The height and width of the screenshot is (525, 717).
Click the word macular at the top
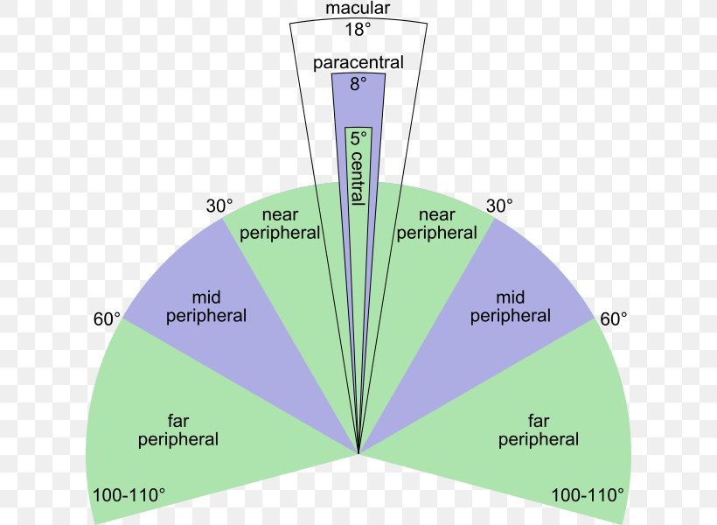pos(358,9)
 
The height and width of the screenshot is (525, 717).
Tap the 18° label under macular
pos(358,29)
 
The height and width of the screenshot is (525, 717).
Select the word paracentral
pos(358,63)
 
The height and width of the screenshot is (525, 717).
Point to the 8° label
pos(358,84)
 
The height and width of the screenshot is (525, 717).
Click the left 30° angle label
pos(219,206)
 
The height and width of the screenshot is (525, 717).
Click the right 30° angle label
pos(499,206)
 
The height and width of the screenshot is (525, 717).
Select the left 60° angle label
pos(107,319)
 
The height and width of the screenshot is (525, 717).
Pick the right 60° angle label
pos(614,319)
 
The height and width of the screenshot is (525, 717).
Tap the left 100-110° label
pos(129,495)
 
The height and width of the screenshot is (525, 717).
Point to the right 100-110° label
pos(588,495)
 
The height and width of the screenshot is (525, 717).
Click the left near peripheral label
pos(280,224)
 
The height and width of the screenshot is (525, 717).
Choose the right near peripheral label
pos(437,224)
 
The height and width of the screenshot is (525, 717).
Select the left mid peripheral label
pos(206,306)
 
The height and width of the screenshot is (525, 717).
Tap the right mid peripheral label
pos(511,306)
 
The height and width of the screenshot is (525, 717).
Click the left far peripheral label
pos(178,429)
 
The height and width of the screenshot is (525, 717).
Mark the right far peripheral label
pos(539,429)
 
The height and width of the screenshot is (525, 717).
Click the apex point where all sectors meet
pos(358,453)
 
